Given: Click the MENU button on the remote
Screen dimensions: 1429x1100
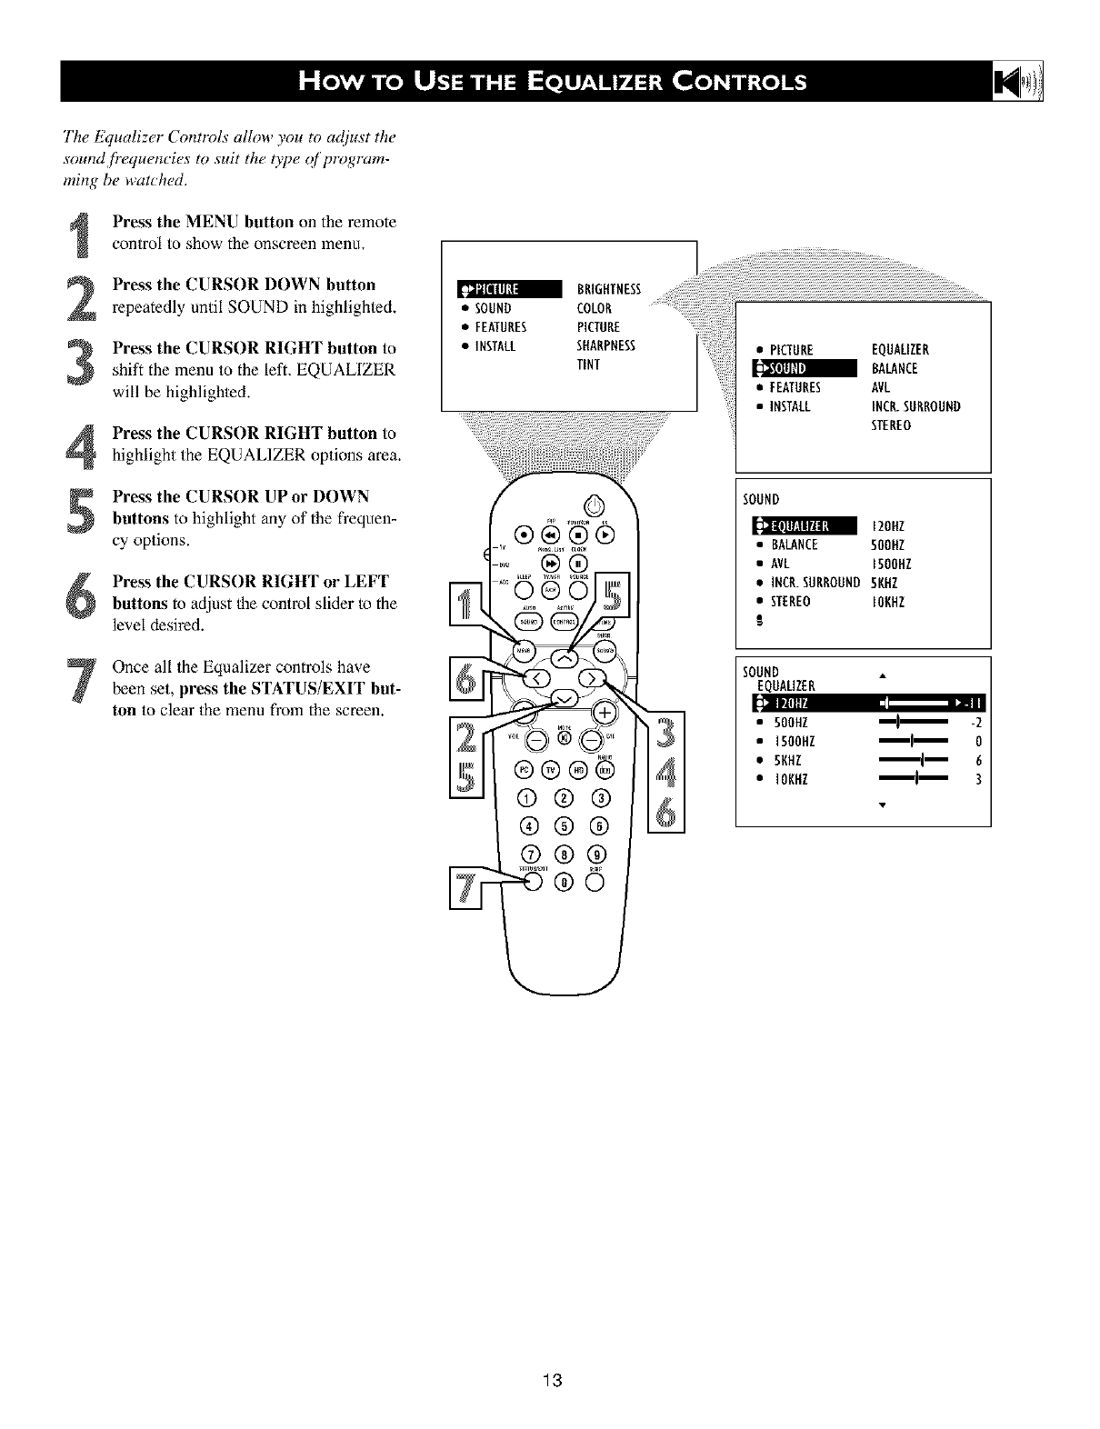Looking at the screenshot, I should point(523,651).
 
